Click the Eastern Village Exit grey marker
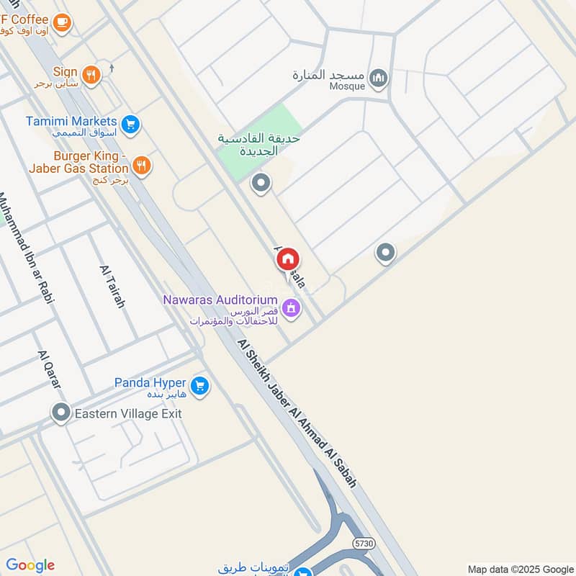point(61,413)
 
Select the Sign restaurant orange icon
point(90,74)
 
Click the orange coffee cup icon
point(61,23)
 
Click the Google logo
point(30,565)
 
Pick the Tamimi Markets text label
point(71,121)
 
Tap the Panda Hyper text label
point(150,383)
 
